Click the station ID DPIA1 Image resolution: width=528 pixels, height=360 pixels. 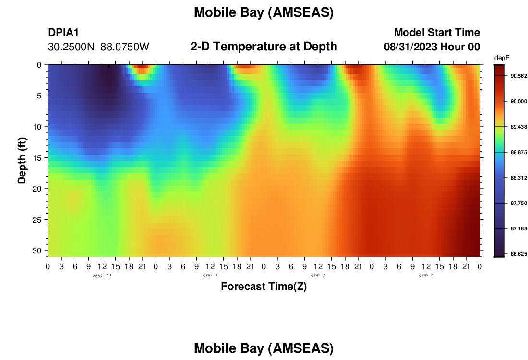point(63,32)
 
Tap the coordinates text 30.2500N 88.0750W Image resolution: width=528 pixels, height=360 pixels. point(98,47)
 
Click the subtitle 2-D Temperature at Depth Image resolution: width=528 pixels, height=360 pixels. point(264,47)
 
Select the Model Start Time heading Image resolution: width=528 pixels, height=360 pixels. point(437,32)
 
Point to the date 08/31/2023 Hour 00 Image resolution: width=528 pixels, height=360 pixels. point(432,47)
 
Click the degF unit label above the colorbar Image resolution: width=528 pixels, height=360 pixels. point(502,58)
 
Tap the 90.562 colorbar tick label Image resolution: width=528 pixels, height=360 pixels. point(518,76)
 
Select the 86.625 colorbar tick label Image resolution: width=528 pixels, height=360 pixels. point(518,254)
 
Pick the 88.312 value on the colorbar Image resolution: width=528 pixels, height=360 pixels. point(518,178)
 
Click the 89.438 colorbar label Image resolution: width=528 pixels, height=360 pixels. point(518,127)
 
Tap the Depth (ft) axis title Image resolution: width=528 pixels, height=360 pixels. point(22,160)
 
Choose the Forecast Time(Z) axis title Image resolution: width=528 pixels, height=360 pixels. point(264,287)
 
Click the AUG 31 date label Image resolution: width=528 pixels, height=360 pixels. point(102,276)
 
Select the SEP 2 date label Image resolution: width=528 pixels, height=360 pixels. point(318,276)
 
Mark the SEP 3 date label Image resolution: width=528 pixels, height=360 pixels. point(426,276)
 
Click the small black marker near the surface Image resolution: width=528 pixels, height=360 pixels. point(109,66)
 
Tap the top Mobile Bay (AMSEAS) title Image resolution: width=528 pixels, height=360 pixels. point(264,13)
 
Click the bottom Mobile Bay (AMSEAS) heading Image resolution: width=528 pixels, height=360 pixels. point(264,348)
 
